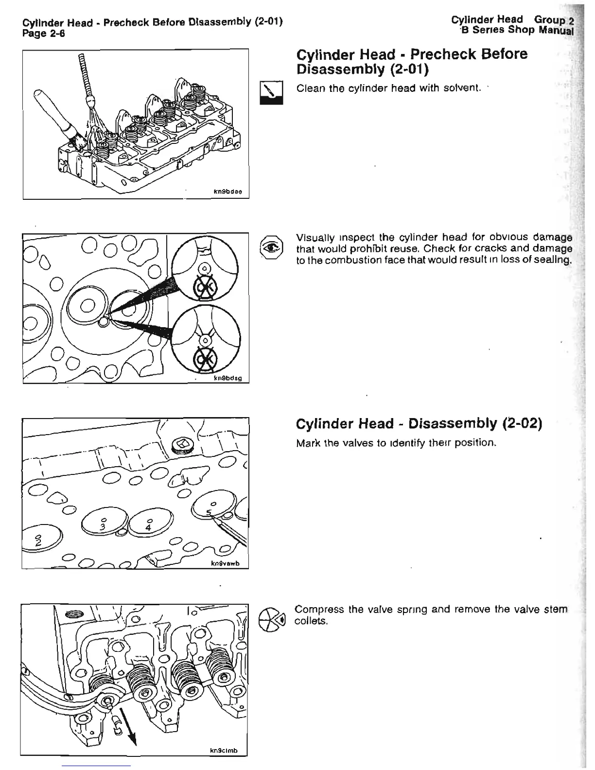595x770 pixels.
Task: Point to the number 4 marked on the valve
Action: pos(148,527)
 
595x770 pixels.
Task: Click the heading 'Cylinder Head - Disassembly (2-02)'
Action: pos(419,423)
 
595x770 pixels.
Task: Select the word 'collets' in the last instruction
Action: pos(312,622)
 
